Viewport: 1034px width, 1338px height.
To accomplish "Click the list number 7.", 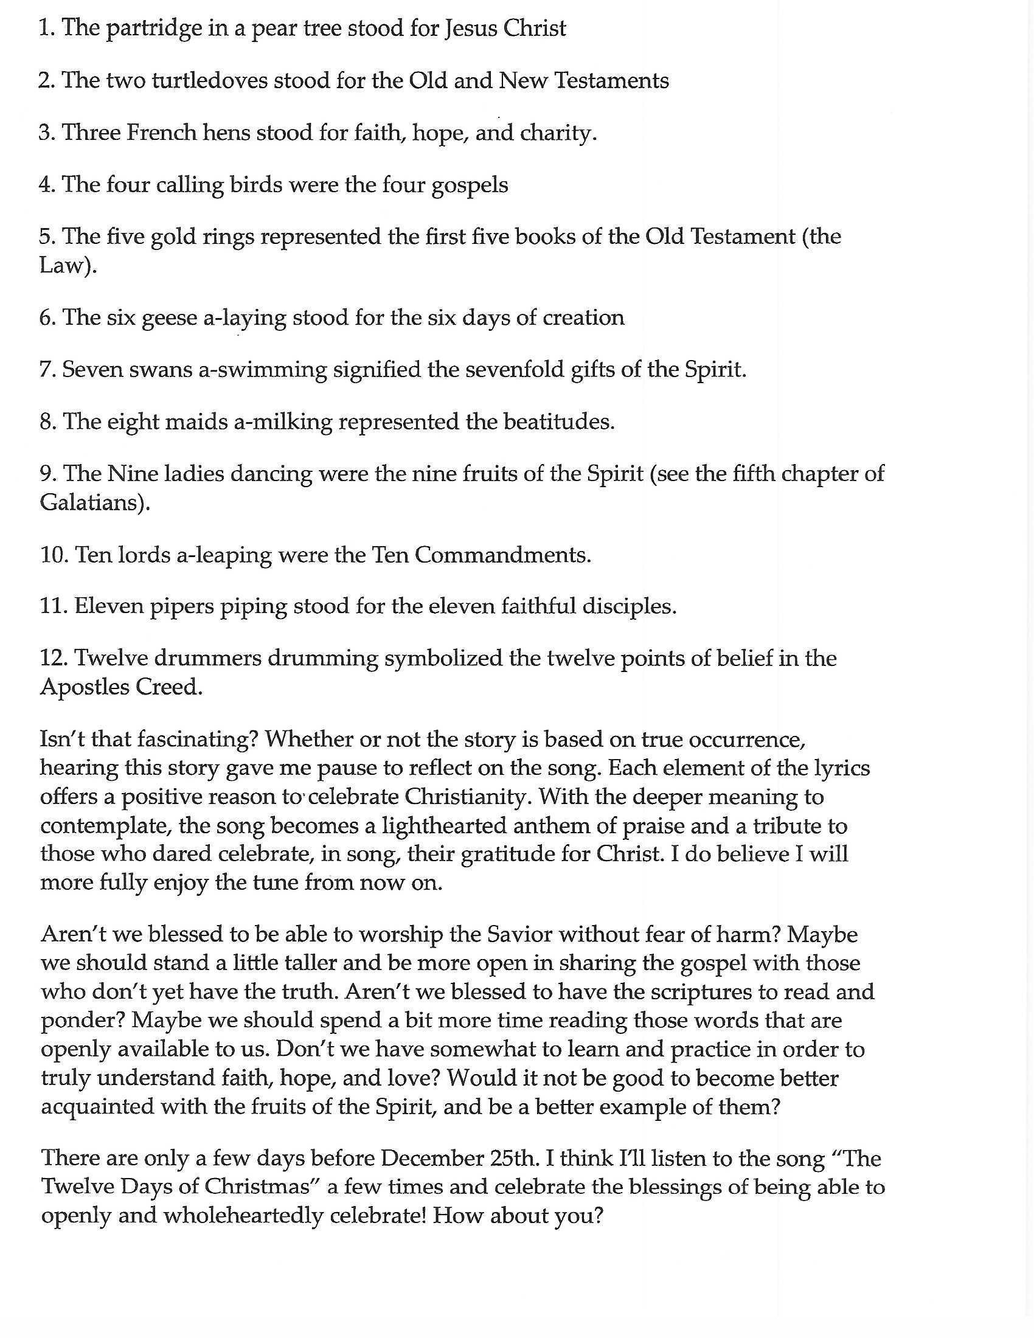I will point(47,370).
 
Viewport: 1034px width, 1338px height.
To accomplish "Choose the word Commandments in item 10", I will point(502,555).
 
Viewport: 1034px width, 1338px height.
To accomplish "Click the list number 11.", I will point(53,606).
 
